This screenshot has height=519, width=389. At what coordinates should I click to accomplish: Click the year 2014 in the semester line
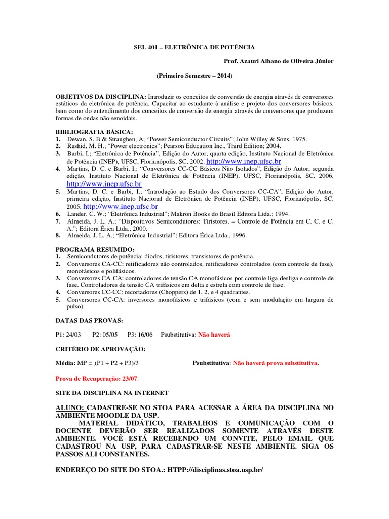(221, 76)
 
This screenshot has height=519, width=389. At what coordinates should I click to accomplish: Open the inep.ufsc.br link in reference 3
(244, 160)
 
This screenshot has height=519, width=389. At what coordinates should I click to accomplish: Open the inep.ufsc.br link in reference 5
(121, 207)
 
